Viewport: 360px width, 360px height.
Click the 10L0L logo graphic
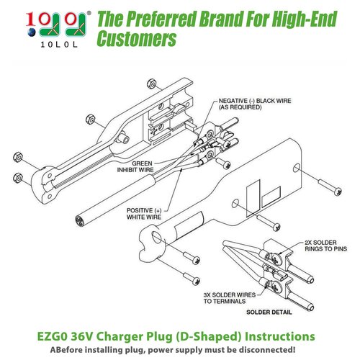(x=57, y=30)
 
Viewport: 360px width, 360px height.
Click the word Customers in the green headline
(x=137, y=38)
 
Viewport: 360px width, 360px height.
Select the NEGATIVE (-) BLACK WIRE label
(x=255, y=104)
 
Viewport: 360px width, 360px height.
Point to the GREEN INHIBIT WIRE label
(x=135, y=166)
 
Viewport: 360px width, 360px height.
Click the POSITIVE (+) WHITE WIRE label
(x=144, y=214)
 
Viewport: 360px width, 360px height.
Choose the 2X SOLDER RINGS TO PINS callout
(x=325, y=246)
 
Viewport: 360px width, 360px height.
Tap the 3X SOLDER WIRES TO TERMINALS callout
(x=230, y=298)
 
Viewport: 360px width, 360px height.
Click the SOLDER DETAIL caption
(x=269, y=312)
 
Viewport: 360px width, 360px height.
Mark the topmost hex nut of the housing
(x=151, y=84)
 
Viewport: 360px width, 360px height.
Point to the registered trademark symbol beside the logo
(x=89, y=13)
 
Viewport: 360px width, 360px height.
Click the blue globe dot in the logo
(x=32, y=32)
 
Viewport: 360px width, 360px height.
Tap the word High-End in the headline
(x=305, y=19)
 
